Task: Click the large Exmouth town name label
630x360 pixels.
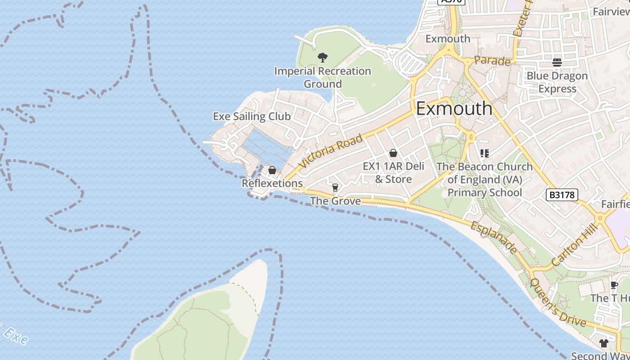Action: (x=454, y=108)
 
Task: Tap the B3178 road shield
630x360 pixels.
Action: (x=562, y=195)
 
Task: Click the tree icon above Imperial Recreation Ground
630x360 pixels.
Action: (x=322, y=57)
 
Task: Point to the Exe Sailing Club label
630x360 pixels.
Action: (x=252, y=117)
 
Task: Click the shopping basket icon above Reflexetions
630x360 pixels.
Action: (x=272, y=170)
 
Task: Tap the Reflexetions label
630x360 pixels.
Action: (x=272, y=184)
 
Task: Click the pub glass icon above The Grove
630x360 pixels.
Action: (x=335, y=187)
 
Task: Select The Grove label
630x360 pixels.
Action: (x=335, y=201)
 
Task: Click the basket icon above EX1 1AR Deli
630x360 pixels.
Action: (x=393, y=153)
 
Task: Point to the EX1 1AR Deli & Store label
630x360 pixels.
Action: (x=393, y=173)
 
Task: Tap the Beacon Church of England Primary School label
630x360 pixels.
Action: (x=484, y=180)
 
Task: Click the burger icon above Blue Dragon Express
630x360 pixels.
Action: (x=557, y=62)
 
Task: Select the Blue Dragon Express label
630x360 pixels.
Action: (x=557, y=82)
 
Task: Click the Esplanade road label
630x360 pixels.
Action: (x=494, y=236)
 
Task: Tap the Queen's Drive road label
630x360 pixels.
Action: (x=558, y=302)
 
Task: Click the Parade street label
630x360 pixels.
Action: (x=492, y=61)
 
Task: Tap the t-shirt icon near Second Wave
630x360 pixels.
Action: (x=603, y=343)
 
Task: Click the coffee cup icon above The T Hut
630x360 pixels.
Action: (x=614, y=285)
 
